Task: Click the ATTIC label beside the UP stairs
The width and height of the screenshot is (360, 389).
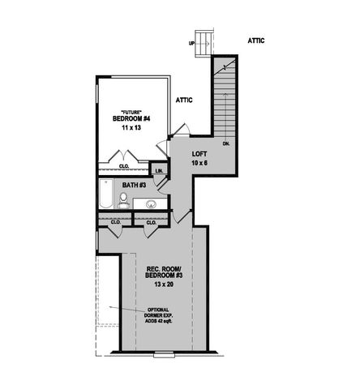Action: [x=256, y=40]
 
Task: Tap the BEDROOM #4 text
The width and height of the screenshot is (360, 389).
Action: [x=128, y=118]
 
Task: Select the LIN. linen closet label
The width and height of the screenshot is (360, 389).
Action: [x=159, y=171]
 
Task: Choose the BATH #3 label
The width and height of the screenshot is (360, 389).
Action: [x=134, y=186]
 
